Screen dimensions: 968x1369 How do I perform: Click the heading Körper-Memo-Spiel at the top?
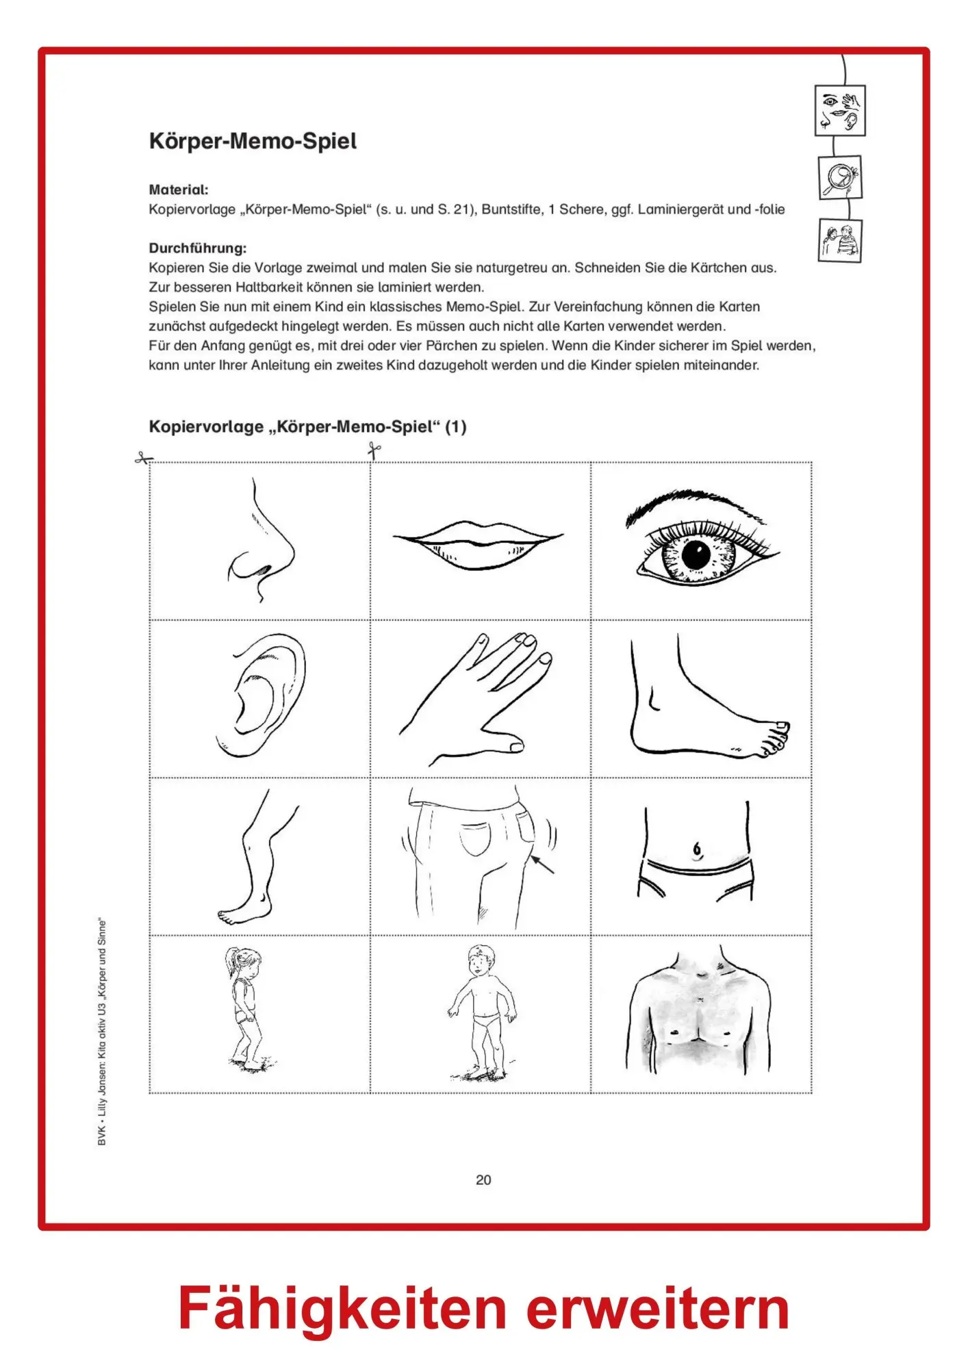pos(253,142)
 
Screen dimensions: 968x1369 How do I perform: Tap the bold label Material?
pos(179,190)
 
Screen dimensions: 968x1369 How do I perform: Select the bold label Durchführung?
pos(198,248)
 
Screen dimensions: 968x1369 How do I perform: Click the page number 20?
pos(483,1179)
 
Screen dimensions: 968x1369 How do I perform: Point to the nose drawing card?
pos(261,541)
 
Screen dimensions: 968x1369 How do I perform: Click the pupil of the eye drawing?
pos(696,554)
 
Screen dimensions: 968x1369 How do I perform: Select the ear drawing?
pos(262,695)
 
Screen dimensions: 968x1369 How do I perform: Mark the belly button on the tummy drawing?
pos(697,849)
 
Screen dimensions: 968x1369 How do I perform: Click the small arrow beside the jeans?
pos(543,864)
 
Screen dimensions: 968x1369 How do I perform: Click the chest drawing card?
pos(701,1014)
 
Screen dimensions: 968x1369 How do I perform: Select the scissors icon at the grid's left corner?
pos(144,459)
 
